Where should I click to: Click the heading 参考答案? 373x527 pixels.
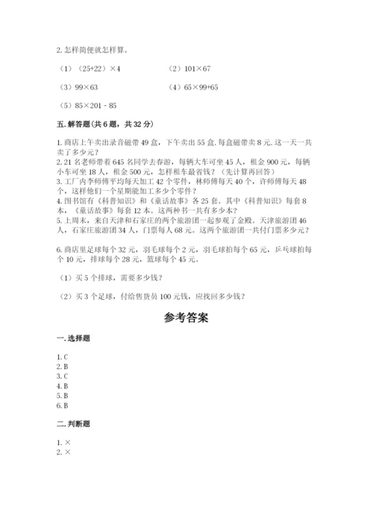[186, 317]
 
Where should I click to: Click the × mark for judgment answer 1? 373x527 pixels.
[67, 444]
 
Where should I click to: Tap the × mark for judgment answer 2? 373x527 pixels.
[67, 453]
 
